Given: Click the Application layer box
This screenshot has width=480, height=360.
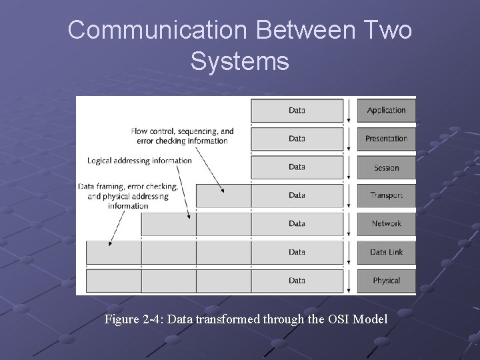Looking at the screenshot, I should pyautogui.click(x=386, y=111).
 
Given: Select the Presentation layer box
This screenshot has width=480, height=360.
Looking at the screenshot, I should pyautogui.click(x=386, y=139).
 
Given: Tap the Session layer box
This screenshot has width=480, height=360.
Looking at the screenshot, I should pyautogui.click(x=386, y=167).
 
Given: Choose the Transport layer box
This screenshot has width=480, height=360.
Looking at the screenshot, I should pyautogui.click(x=386, y=195).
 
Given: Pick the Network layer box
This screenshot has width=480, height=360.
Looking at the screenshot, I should pyautogui.click(x=386, y=224).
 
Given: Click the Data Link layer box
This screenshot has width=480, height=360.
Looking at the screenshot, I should pyautogui.click(x=386, y=252).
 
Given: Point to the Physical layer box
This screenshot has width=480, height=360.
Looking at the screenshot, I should pyautogui.click(x=386, y=281).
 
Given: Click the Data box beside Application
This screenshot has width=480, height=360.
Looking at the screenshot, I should pyautogui.click(x=297, y=111).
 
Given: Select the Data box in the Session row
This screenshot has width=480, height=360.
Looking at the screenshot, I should pyautogui.click(x=297, y=167).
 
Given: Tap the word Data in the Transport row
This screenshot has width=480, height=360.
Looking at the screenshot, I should pyautogui.click(x=297, y=195).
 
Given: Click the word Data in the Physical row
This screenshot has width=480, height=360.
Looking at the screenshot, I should pyautogui.click(x=297, y=281).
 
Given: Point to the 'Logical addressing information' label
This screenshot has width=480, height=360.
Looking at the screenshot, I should pyautogui.click(x=139, y=161).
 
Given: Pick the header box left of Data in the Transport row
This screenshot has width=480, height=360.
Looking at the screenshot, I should pyautogui.click(x=223, y=195).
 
